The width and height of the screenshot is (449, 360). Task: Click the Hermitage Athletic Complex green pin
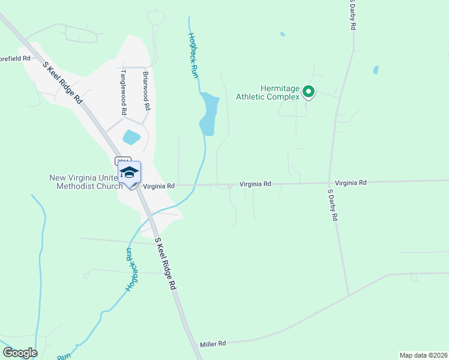[309, 92]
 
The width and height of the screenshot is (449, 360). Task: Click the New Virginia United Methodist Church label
[86, 182]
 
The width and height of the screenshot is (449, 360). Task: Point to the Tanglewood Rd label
[124, 92]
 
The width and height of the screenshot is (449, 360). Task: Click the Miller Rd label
[213, 344]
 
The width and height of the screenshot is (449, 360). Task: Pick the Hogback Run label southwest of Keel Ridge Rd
[129, 269]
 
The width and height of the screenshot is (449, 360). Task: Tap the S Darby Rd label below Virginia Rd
[331, 205]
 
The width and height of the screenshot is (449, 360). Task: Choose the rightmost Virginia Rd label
[351, 182]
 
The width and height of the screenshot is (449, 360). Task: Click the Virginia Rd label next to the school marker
[159, 186]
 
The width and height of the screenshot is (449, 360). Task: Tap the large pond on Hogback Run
[209, 113]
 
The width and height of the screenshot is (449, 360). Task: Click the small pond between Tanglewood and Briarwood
[131, 137]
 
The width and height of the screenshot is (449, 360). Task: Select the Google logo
[20, 353]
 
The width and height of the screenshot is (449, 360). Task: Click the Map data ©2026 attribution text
[423, 355]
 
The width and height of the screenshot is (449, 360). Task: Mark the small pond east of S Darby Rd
[376, 70]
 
